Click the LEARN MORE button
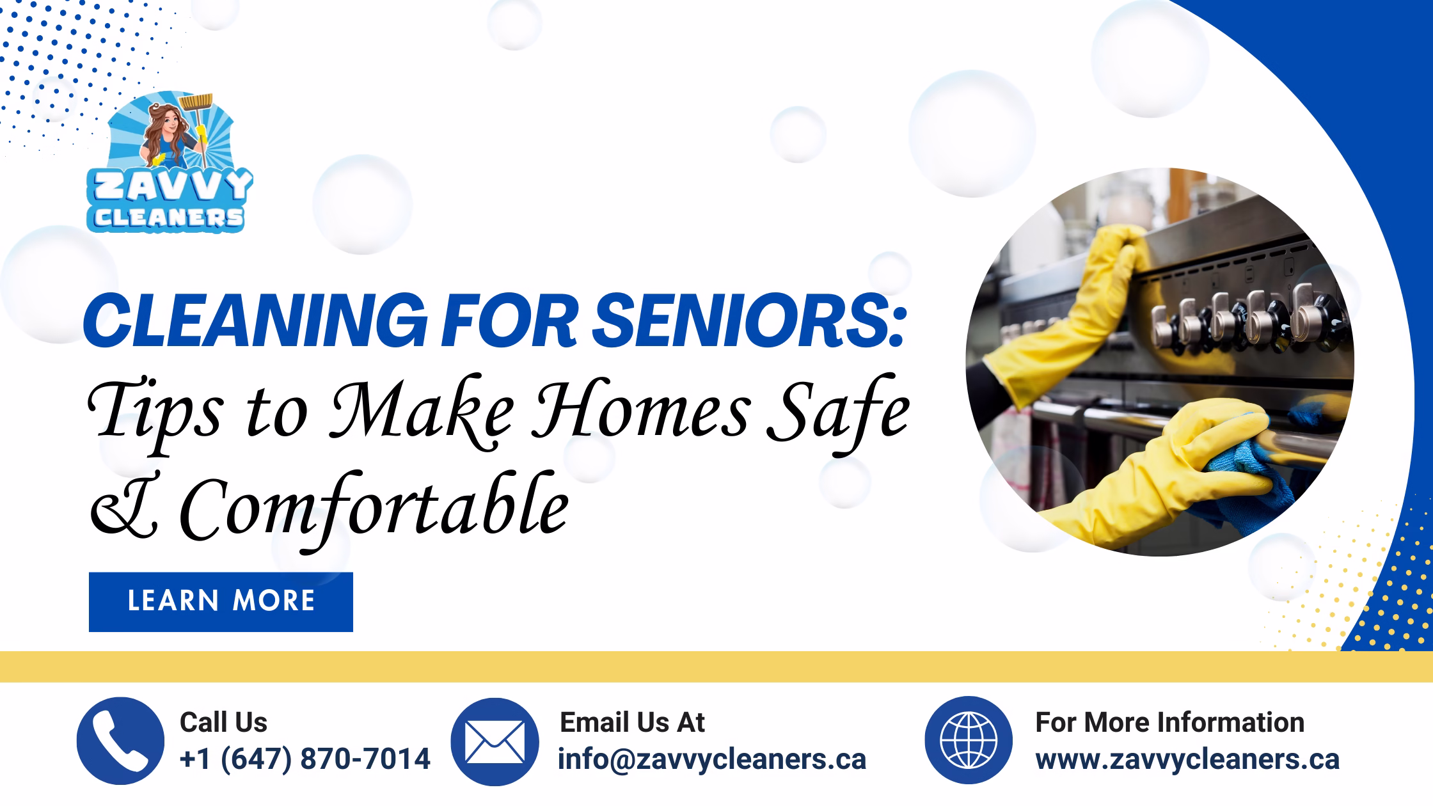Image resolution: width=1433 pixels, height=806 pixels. click(x=221, y=602)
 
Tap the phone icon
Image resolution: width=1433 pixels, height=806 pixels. click(x=120, y=741)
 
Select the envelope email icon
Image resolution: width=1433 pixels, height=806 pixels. click(x=495, y=741)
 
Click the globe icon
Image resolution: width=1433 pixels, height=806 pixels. click(x=969, y=741)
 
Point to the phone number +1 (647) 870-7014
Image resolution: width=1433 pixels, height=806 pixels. click(x=305, y=759)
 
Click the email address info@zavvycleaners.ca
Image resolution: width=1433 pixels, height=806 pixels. click(x=712, y=759)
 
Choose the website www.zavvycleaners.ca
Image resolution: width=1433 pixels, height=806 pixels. click(x=1187, y=759)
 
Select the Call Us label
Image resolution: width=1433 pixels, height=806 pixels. click(x=223, y=722)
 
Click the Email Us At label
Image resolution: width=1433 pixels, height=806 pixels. click(x=632, y=722)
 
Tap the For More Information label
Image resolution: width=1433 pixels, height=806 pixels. click(x=1169, y=722)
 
